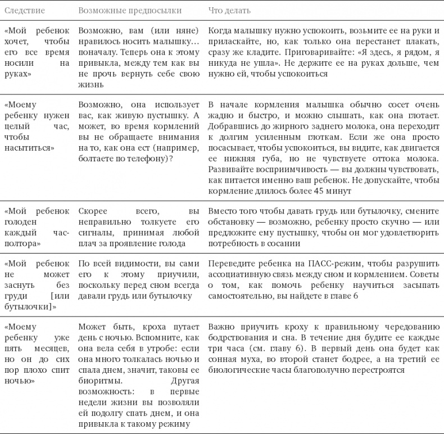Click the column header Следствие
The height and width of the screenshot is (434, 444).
[24, 11]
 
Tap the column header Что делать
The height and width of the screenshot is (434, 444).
[229, 11]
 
